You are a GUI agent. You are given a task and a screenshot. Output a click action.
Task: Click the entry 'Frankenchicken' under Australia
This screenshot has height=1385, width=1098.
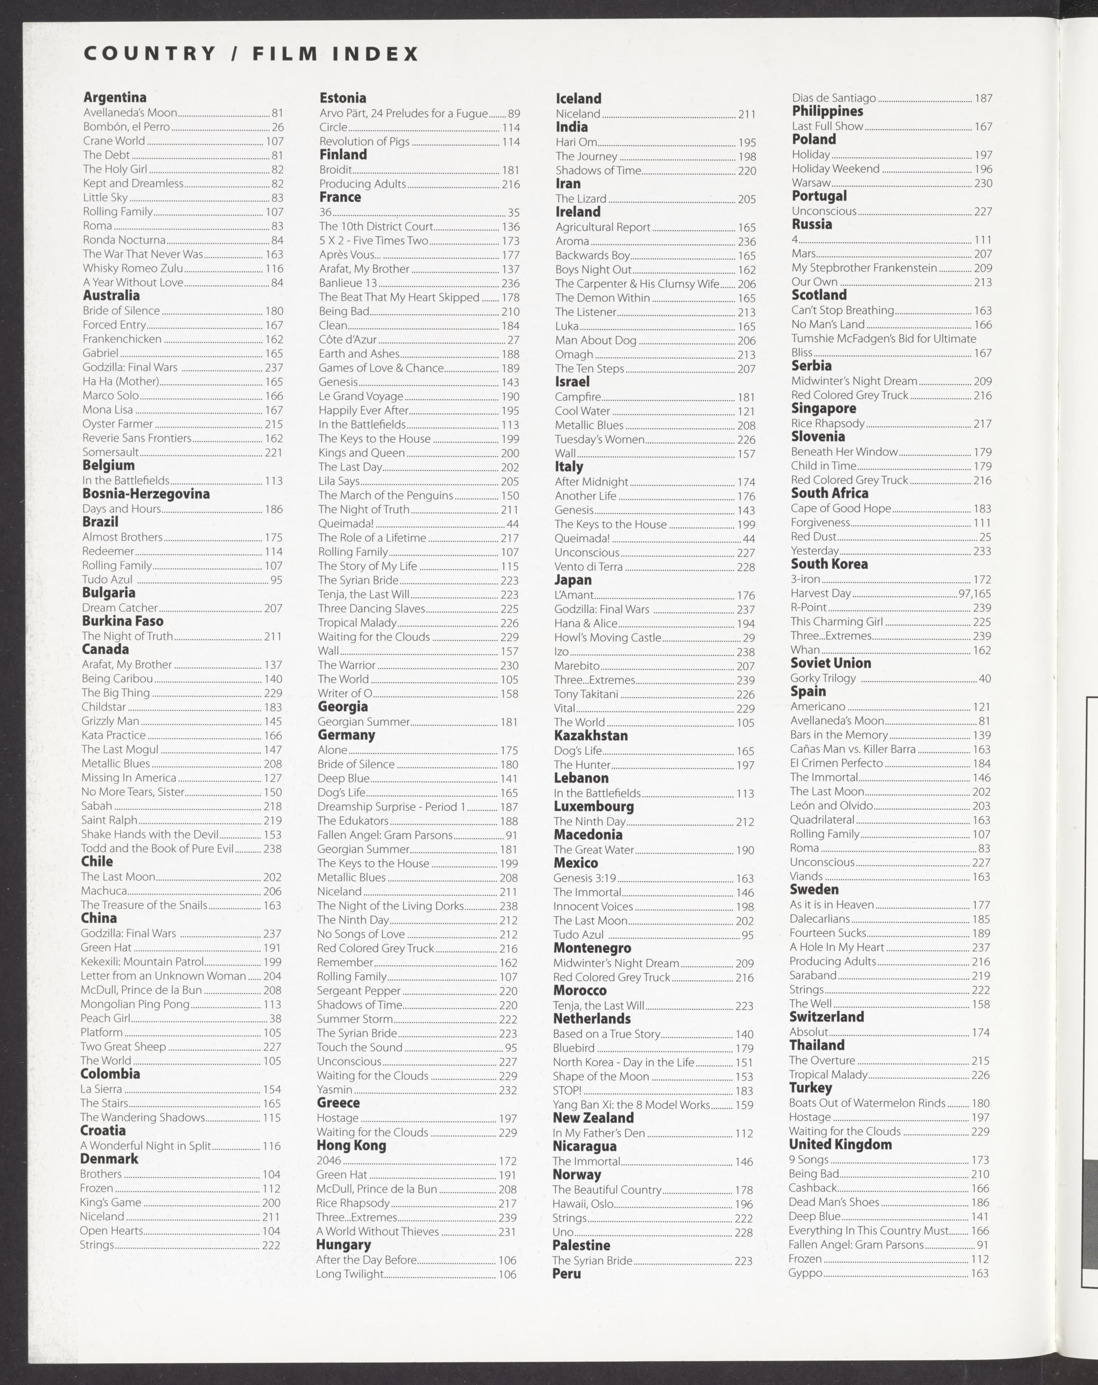(122, 339)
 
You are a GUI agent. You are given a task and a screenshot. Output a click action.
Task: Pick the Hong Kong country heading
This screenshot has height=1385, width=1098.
(351, 1145)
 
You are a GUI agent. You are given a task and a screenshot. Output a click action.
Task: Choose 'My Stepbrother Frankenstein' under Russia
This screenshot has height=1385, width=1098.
(863, 268)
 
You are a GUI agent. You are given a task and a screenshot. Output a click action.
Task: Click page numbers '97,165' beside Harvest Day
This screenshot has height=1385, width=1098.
(974, 593)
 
